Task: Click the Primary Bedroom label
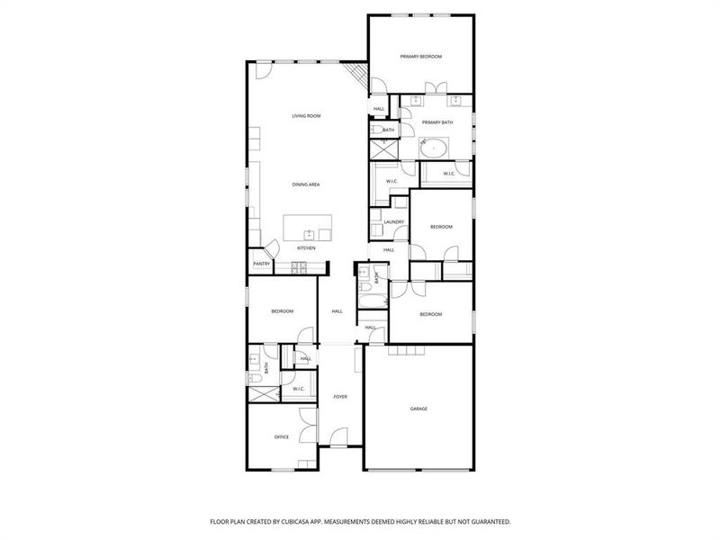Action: [x=421, y=57]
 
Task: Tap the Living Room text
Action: [x=306, y=116]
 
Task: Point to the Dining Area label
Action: [x=306, y=184]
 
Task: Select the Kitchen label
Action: [x=306, y=248]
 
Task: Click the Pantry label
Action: [x=261, y=264]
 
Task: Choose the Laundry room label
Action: [x=393, y=221]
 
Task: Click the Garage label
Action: [x=418, y=409]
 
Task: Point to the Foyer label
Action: [x=340, y=396]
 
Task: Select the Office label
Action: [x=282, y=437]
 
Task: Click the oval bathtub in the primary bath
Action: [x=436, y=145]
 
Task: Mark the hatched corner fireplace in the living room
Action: [x=357, y=76]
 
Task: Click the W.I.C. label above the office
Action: [x=299, y=389]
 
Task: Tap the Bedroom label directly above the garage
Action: [x=430, y=314]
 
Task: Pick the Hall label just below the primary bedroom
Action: [x=379, y=109]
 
